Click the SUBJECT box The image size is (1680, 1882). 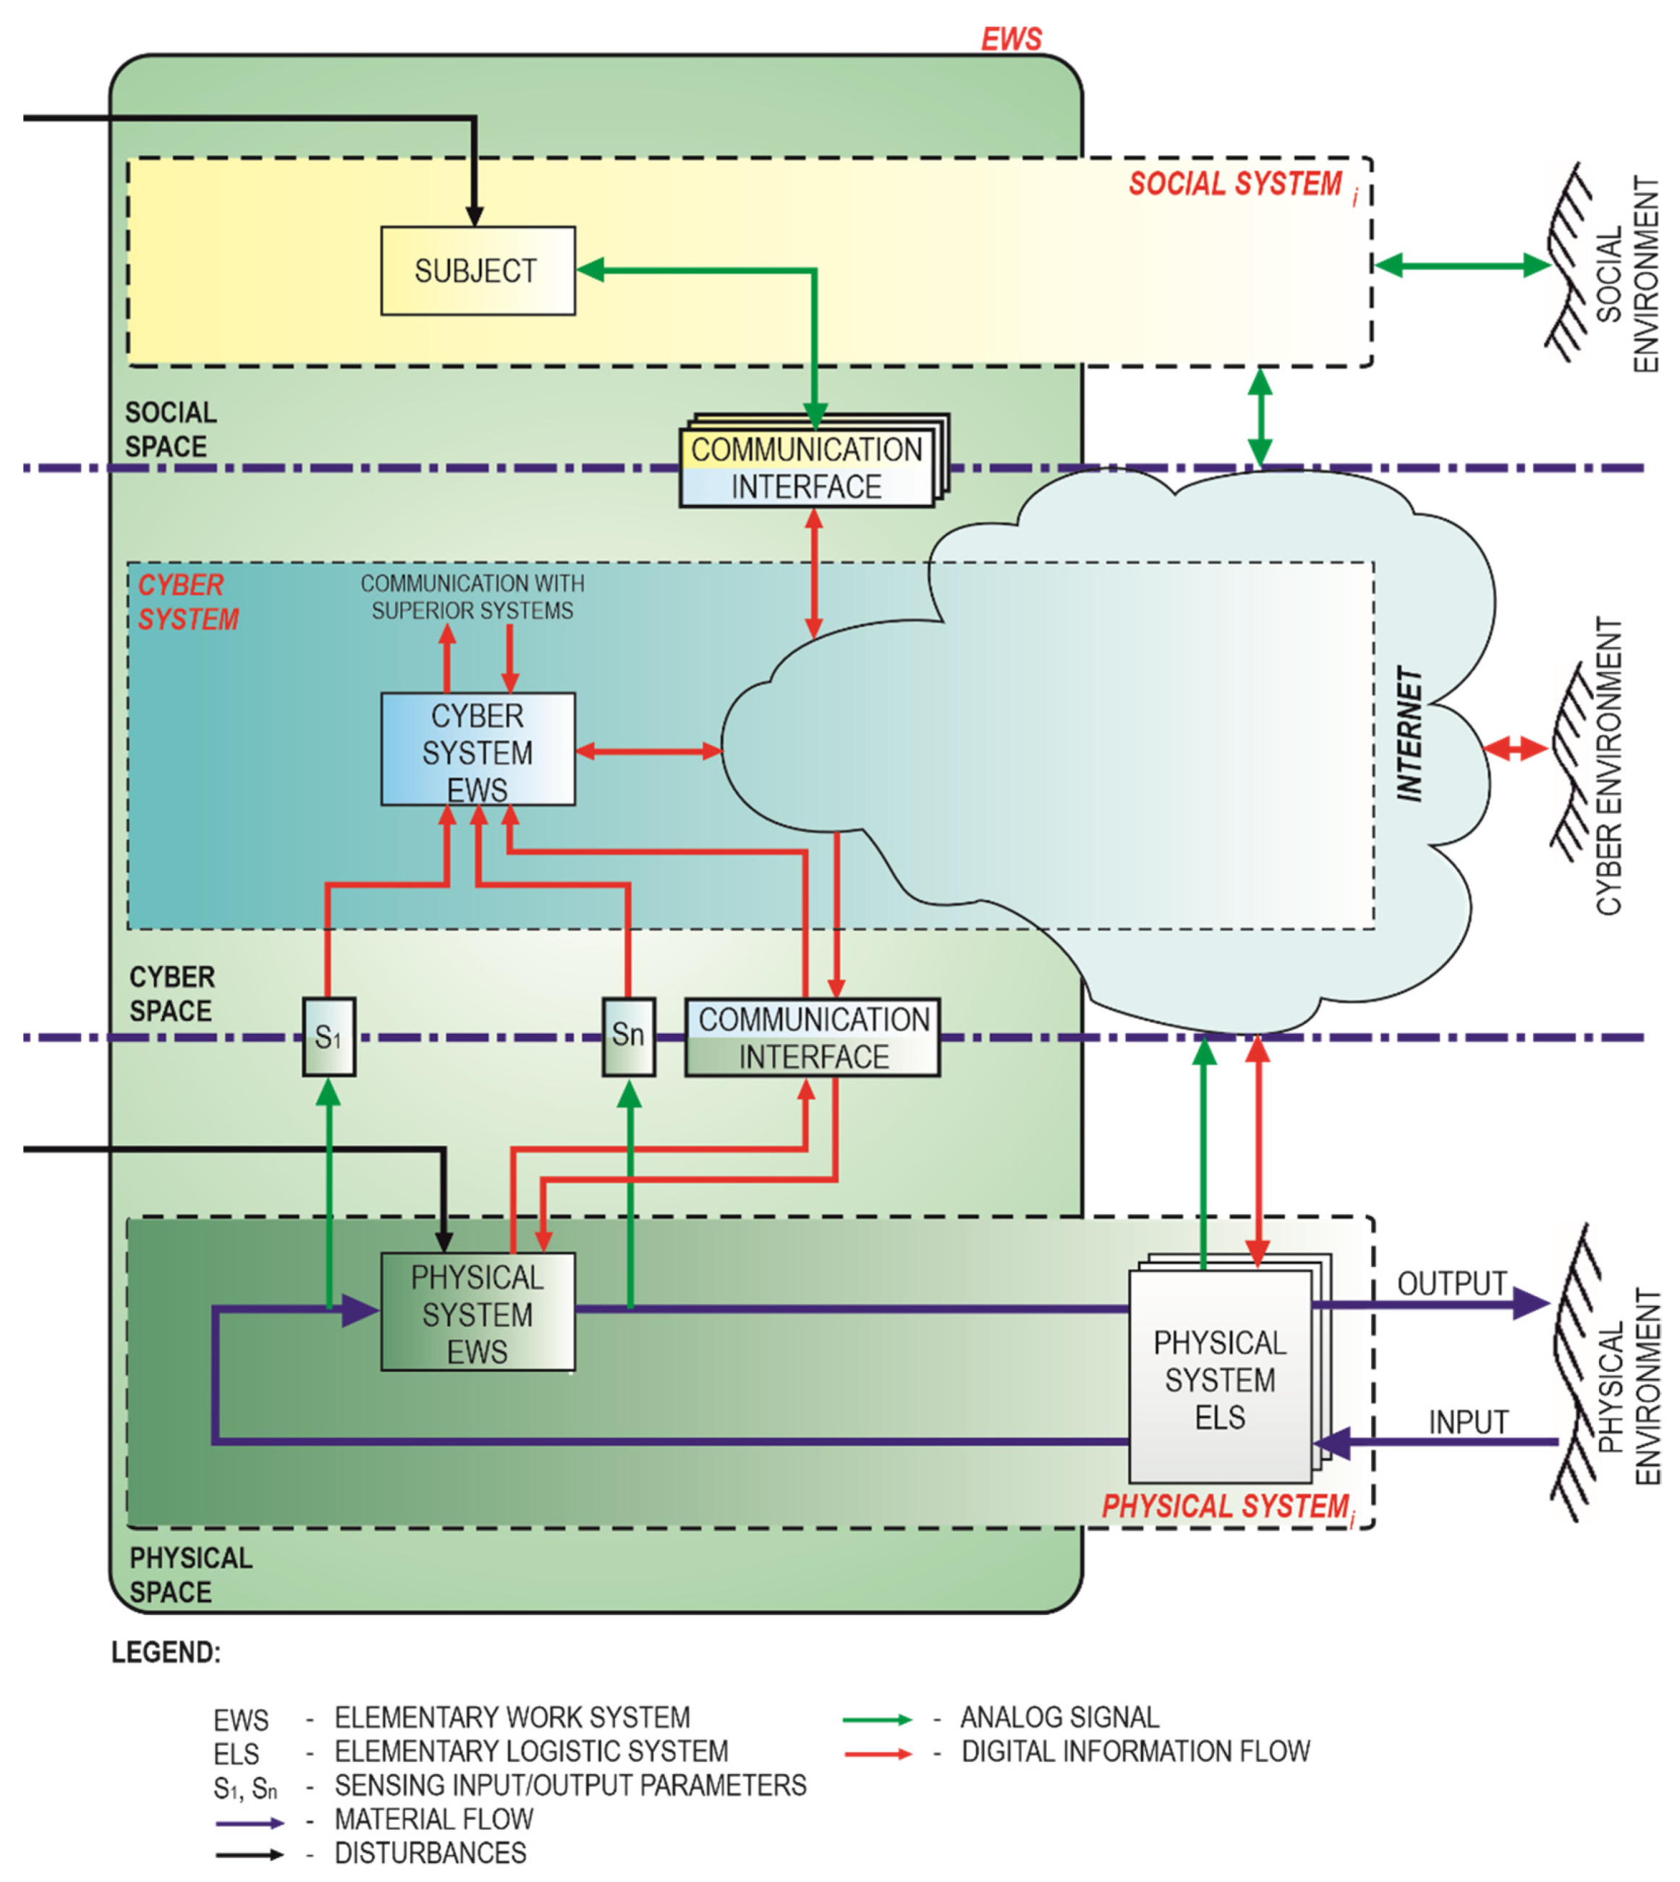coord(478,271)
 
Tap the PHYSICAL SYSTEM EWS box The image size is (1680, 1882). coord(478,1313)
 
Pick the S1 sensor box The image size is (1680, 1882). coord(328,1037)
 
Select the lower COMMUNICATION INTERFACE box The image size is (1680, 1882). coord(813,1038)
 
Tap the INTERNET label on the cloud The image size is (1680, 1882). coord(1409,734)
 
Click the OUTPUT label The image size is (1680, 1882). coord(1451,1283)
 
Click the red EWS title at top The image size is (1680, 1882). coord(1011,39)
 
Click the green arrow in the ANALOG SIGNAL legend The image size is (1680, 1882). coord(876,1719)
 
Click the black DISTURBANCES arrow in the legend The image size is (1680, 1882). coord(249,1855)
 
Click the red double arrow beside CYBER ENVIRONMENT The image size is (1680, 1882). coord(1515,749)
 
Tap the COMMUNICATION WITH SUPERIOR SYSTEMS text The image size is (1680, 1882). coord(472,597)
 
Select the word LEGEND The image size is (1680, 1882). coord(166,1652)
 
